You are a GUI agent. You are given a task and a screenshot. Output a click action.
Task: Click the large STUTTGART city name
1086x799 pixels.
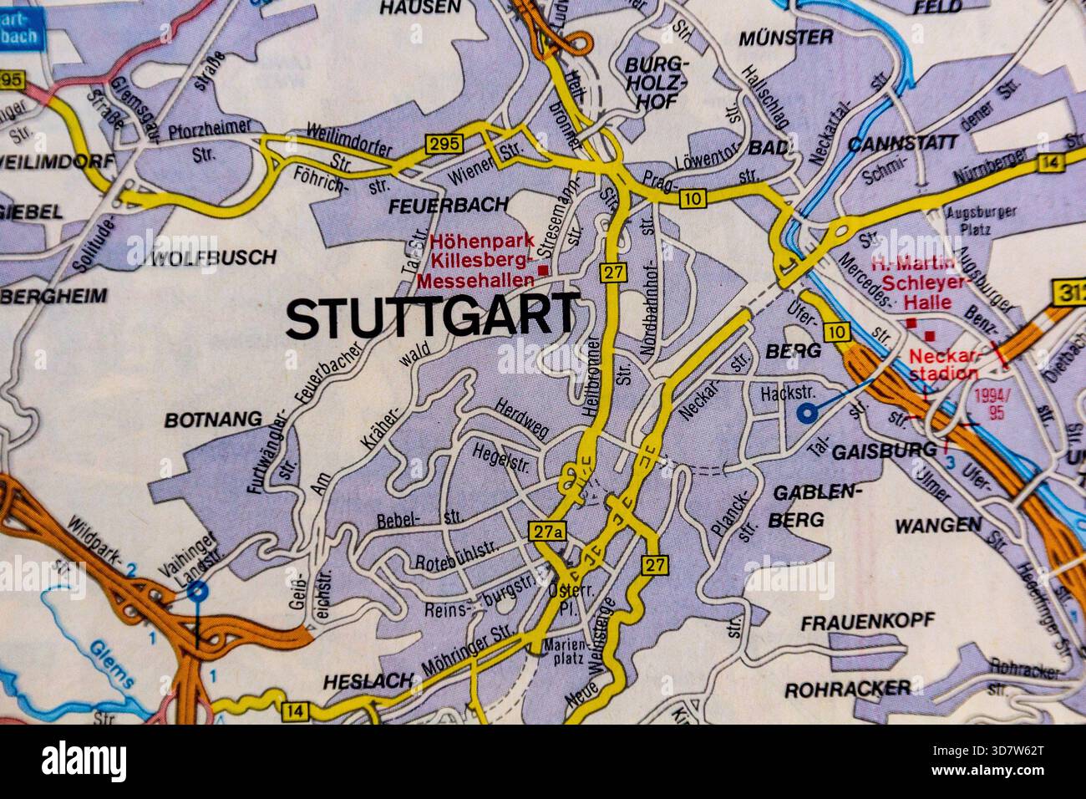pyautogui.click(x=432, y=318)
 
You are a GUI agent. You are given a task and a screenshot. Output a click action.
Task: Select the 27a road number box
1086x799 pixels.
pyautogui.click(x=549, y=531)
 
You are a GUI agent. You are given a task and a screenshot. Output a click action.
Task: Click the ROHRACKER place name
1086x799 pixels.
pyautogui.click(x=848, y=689)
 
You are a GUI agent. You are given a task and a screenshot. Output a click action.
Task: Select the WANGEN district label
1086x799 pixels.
pyautogui.click(x=937, y=525)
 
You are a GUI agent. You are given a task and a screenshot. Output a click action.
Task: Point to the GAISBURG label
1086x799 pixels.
pyautogui.click(x=896, y=450)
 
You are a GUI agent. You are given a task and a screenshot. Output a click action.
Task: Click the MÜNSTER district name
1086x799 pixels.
pyautogui.click(x=785, y=38)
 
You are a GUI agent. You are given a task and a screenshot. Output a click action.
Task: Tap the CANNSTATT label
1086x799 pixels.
pyautogui.click(x=902, y=143)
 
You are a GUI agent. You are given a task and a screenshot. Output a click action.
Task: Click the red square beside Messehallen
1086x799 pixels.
pyautogui.click(x=544, y=271)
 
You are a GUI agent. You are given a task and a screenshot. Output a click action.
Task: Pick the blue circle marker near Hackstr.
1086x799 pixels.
pyautogui.click(x=806, y=412)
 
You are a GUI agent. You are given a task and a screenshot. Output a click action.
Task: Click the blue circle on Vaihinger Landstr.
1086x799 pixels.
pyautogui.click(x=197, y=593)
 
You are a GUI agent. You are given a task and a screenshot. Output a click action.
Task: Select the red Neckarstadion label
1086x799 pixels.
pyautogui.click(x=944, y=364)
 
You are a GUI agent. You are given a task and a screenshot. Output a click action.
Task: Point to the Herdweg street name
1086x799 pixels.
pyautogui.click(x=521, y=418)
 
